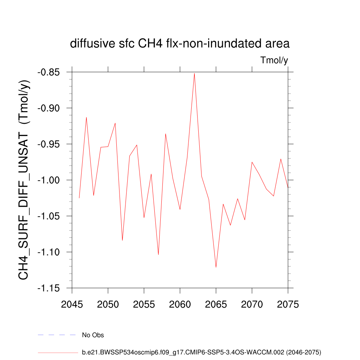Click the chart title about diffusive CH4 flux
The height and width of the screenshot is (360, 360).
(180, 44)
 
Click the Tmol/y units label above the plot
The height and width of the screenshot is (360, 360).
(274, 60)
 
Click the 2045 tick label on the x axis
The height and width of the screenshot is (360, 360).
(72, 304)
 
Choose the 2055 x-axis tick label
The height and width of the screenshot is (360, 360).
(144, 304)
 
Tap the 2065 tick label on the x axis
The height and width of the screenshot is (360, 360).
(216, 304)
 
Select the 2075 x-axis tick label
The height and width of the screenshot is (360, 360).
(288, 304)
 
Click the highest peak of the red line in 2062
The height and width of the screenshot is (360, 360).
(194, 73)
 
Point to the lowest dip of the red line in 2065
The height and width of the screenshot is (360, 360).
(216, 267)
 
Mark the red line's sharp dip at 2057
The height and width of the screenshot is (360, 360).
(158, 254)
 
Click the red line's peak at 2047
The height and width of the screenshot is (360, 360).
(86, 117)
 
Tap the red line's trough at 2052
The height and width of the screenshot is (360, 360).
(122, 240)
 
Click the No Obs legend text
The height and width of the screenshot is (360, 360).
(93, 335)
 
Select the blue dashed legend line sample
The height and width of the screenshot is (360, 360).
(57, 335)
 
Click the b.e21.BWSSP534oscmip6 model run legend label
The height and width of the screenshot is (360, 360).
(201, 352)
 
